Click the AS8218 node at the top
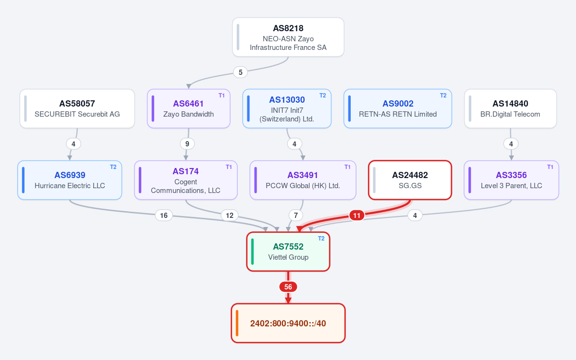(288, 37)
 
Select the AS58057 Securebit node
(77, 108)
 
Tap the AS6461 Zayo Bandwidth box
(188, 108)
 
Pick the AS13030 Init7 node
(287, 108)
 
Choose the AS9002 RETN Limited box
(397, 108)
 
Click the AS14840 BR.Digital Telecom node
(510, 108)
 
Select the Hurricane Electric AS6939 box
(70, 180)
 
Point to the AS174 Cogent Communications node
(186, 180)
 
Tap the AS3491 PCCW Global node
(303, 180)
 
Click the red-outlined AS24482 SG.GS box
(410, 180)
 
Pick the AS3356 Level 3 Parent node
(511, 180)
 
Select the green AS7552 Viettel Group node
(288, 252)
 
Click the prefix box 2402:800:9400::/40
(288, 324)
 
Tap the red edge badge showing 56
(288, 287)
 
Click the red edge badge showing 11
(356, 216)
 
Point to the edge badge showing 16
(164, 216)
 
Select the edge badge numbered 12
(230, 216)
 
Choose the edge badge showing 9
(187, 144)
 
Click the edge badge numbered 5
(240, 72)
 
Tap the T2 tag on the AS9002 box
(443, 96)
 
